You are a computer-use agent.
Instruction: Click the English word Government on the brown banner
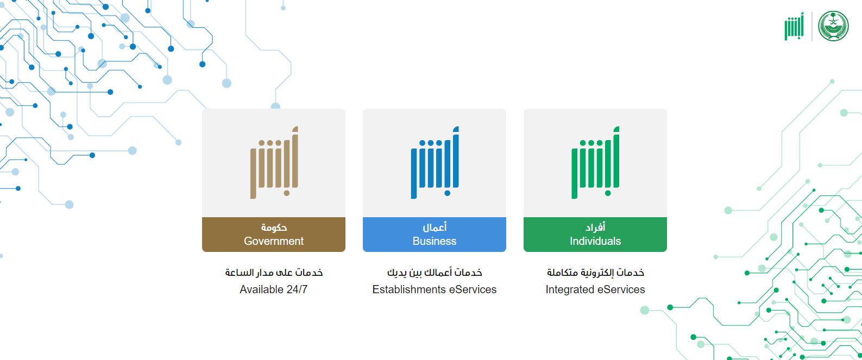274,241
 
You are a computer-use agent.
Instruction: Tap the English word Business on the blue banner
435,241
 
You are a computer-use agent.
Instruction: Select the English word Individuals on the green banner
595,241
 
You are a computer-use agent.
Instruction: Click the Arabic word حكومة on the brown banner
274,228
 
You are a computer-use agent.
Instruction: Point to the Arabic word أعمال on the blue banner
435,228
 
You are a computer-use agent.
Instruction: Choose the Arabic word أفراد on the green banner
595,228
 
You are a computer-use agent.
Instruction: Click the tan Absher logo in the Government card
274,163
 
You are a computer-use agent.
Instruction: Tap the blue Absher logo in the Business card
435,163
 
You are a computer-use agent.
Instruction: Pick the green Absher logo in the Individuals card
596,163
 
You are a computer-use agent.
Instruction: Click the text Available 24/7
274,289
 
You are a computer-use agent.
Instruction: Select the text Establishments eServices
435,289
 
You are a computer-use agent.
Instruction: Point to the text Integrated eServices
595,289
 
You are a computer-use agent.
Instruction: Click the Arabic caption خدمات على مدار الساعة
274,273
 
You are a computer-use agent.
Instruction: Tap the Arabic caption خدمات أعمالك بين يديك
435,273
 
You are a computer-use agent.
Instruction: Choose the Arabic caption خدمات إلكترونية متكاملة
595,273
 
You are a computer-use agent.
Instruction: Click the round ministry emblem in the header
833,26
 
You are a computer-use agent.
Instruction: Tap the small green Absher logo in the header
794,27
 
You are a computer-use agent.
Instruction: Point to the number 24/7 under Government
297,289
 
